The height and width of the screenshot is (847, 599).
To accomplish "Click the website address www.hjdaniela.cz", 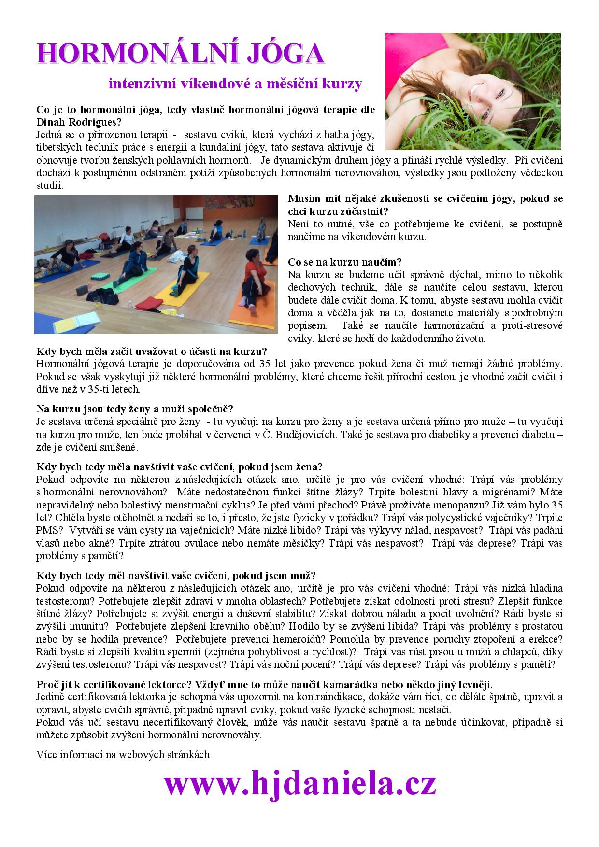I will click(299, 784).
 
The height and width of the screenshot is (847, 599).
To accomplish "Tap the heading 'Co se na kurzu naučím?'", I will click(345, 262).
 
